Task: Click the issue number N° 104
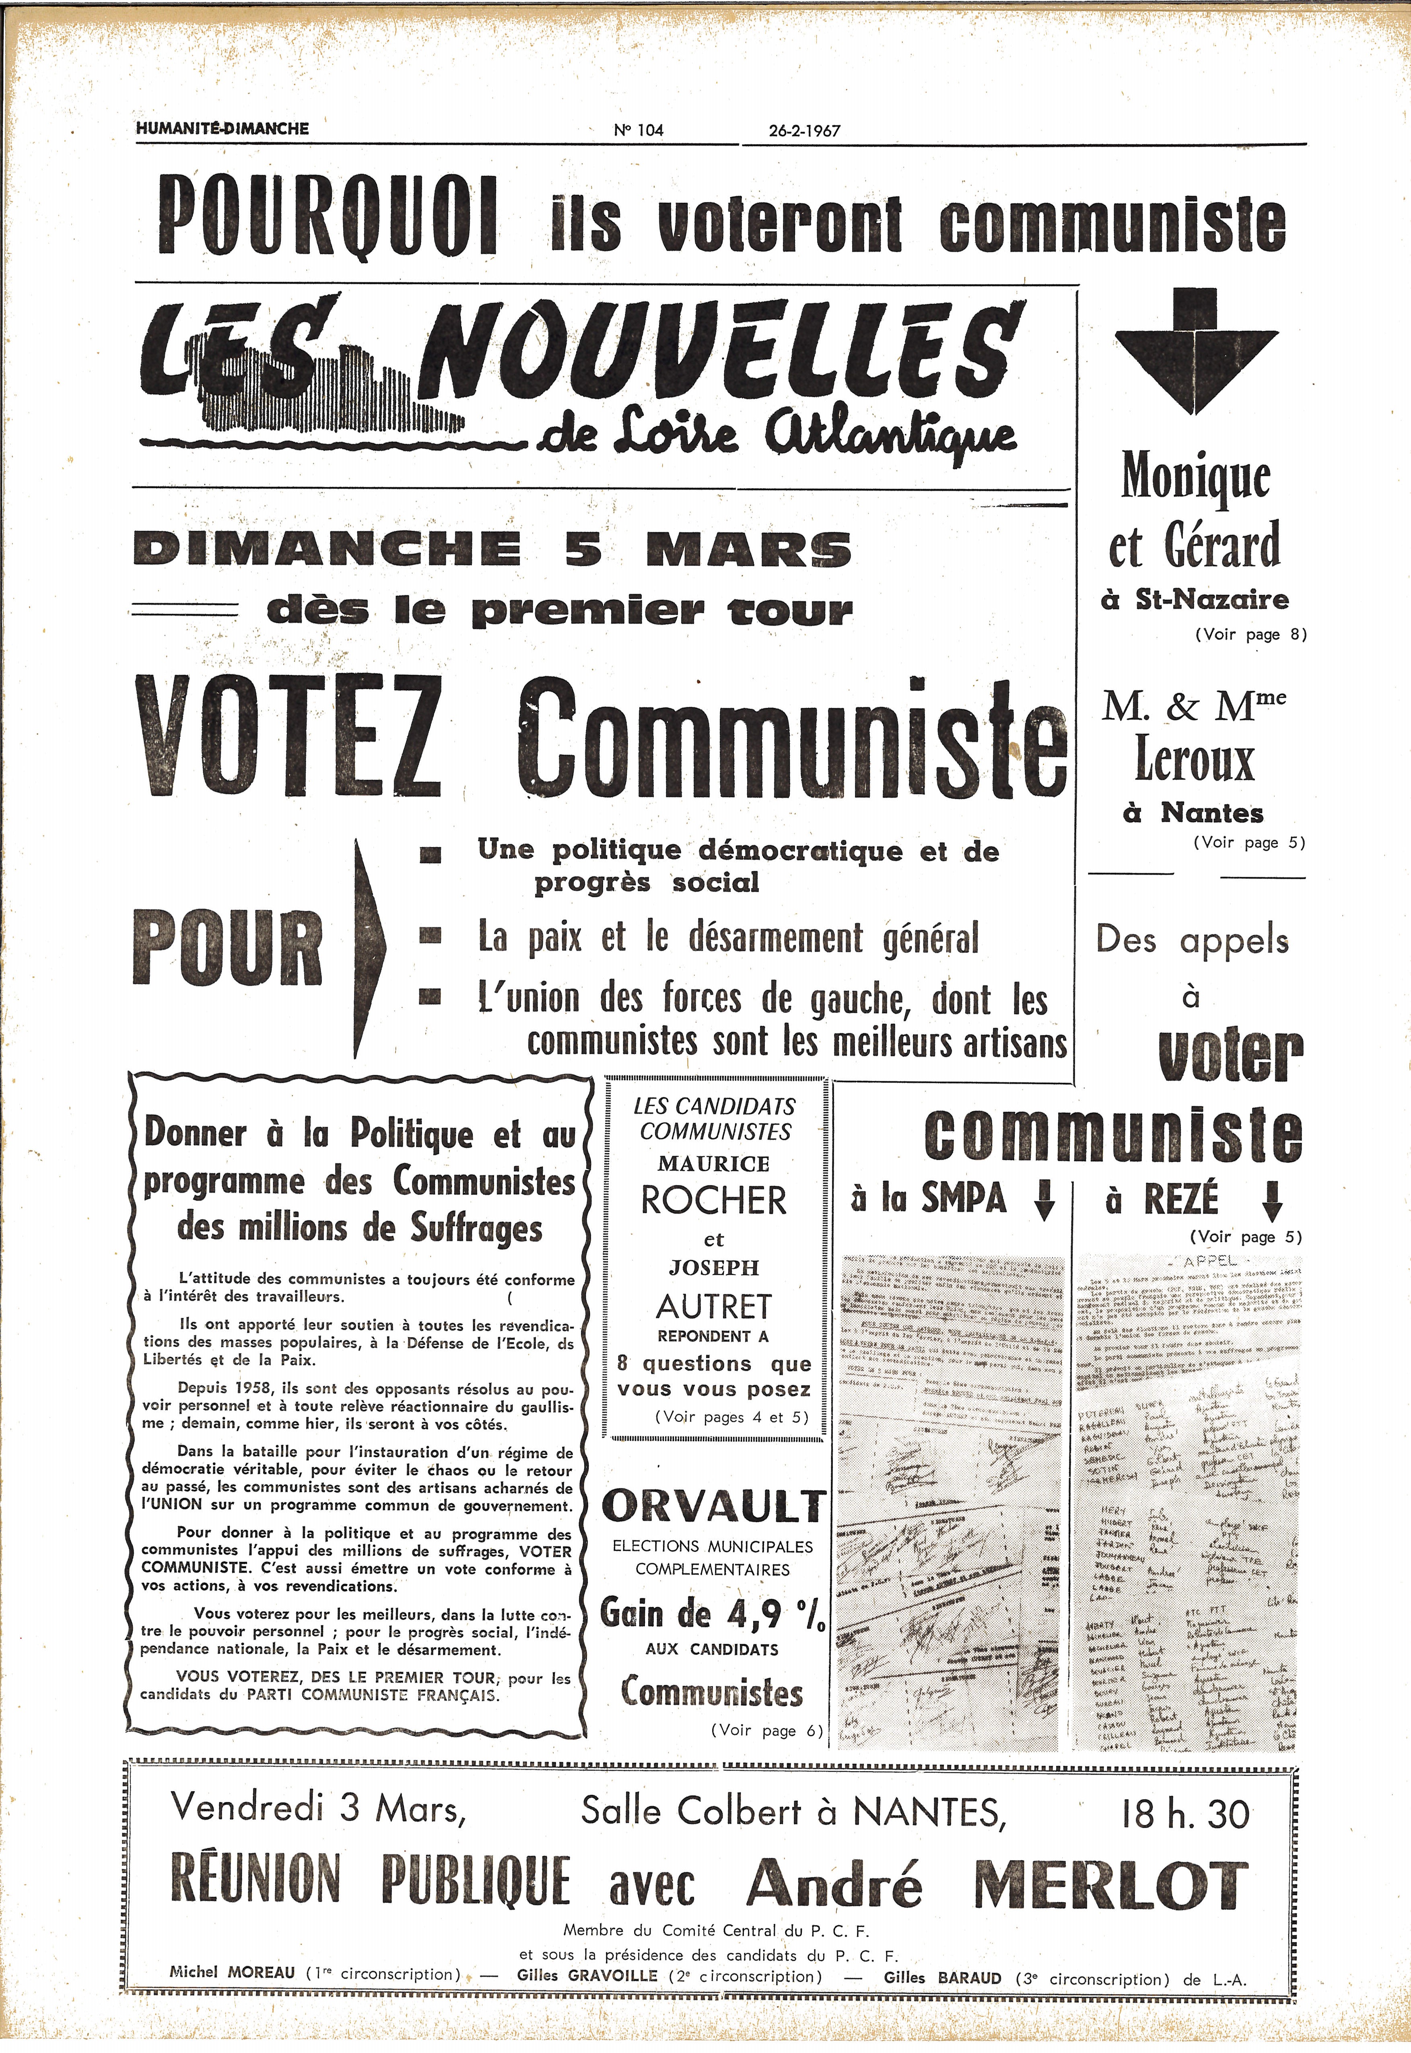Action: (638, 130)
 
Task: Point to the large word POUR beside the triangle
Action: (227, 950)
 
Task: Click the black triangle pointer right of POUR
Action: (369, 950)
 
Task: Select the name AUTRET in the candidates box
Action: (713, 1307)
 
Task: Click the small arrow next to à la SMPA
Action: (1044, 1201)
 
